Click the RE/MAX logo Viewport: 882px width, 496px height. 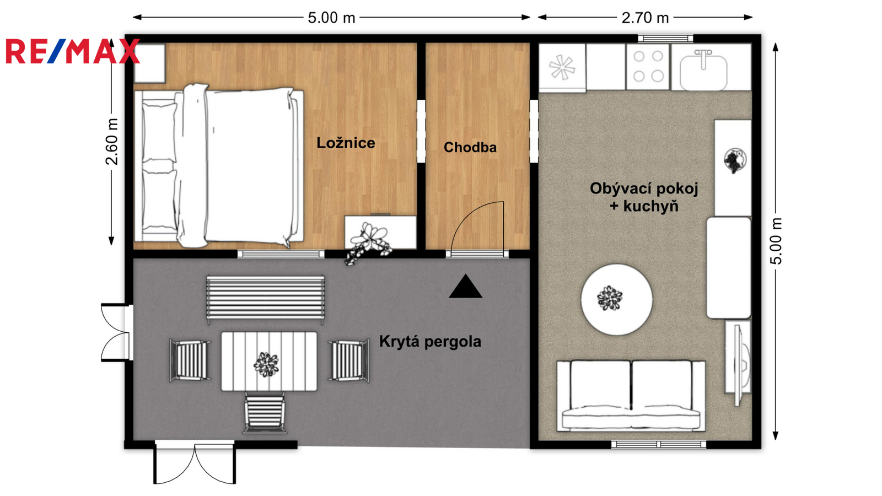[73, 51]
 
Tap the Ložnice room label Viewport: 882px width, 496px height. [346, 143]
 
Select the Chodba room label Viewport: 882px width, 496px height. [470, 147]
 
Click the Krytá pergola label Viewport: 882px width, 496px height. [430, 341]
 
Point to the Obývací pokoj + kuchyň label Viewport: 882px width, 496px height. [644, 197]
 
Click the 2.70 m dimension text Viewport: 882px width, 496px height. [645, 18]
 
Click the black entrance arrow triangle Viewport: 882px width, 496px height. [465, 286]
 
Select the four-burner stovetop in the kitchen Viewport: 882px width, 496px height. [648, 67]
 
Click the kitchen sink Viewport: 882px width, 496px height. [703, 71]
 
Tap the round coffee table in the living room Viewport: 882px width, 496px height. [617, 300]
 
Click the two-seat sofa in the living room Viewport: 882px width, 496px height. [631, 396]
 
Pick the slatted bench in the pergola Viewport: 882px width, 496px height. [266, 299]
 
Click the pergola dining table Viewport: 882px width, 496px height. [269, 362]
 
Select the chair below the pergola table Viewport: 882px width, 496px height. [265, 413]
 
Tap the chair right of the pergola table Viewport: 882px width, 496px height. [349, 361]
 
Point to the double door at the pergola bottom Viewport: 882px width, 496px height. [195, 462]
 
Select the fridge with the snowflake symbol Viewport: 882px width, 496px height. [562, 68]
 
